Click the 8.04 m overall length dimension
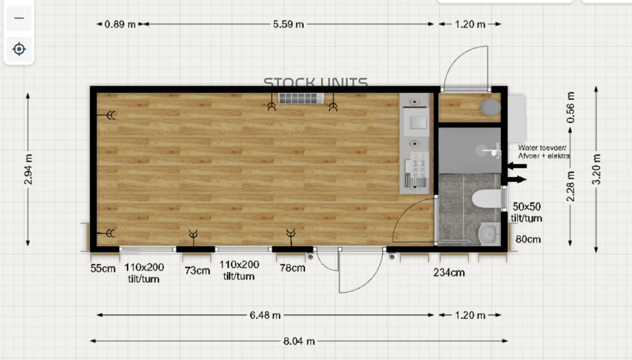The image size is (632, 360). click(299, 341)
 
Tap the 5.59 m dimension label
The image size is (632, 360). click(288, 24)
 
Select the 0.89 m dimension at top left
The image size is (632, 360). click(120, 24)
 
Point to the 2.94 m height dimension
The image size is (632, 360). click(28, 169)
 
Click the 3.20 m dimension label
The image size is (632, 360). click(596, 169)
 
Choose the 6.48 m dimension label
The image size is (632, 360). click(265, 315)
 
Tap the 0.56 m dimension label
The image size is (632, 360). click(570, 107)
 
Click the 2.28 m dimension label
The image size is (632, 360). click(570, 187)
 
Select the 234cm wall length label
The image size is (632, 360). click(449, 272)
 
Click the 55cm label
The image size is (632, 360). click(103, 268)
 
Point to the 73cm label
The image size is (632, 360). click(197, 271)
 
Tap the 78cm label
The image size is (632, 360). click(292, 268)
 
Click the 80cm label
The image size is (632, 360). click(528, 239)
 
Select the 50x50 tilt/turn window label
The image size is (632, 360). click(527, 212)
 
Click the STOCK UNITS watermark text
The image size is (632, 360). click(316, 83)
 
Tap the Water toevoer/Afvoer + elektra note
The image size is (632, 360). click(544, 152)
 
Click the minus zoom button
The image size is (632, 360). click(19, 19)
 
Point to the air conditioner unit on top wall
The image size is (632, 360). click(301, 99)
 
